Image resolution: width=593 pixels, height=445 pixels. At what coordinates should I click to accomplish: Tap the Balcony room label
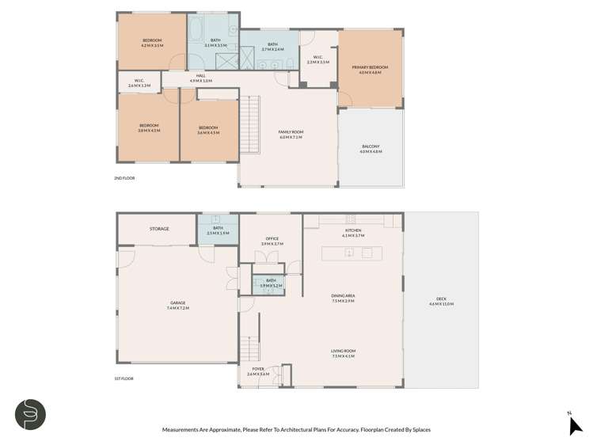tap(371, 147)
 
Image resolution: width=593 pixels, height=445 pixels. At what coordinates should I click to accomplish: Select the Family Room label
tap(291, 133)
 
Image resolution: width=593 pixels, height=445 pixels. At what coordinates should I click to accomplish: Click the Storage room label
tap(159, 229)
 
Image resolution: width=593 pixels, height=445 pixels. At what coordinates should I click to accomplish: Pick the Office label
tap(271, 240)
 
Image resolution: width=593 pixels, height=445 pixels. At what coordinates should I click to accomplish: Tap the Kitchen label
tap(352, 232)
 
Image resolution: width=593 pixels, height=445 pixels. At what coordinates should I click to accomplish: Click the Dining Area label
tap(343, 298)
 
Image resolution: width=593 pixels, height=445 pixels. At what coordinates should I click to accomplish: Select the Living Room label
tap(343, 352)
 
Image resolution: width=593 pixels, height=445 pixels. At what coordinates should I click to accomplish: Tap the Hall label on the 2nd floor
tap(201, 78)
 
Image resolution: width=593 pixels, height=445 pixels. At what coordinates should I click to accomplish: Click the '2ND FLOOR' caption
tap(124, 178)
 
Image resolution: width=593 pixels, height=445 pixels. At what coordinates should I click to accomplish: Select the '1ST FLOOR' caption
tap(124, 378)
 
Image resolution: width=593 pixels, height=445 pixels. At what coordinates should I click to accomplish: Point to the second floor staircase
tap(249, 127)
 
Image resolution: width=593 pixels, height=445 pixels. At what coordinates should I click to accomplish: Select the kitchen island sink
tap(348, 253)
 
